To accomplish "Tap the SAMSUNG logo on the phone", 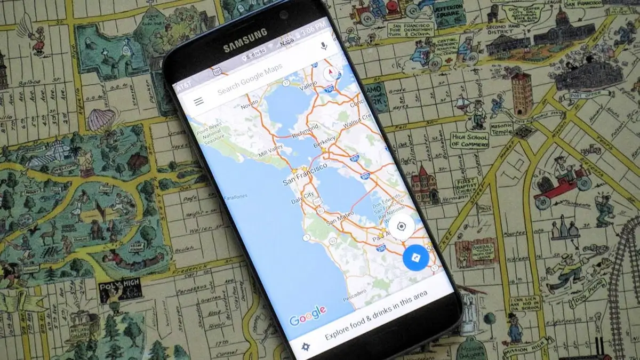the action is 245,41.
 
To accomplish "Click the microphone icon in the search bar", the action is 324,46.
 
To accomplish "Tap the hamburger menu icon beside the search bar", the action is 199,101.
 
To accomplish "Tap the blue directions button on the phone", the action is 417,257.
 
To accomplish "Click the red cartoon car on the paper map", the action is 562,185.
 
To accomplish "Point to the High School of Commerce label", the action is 469,140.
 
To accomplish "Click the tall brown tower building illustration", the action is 521,93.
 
